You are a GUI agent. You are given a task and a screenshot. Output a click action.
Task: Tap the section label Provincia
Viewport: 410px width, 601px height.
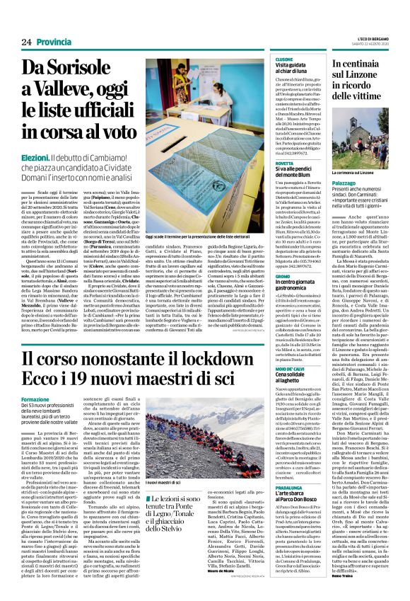[54, 42]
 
